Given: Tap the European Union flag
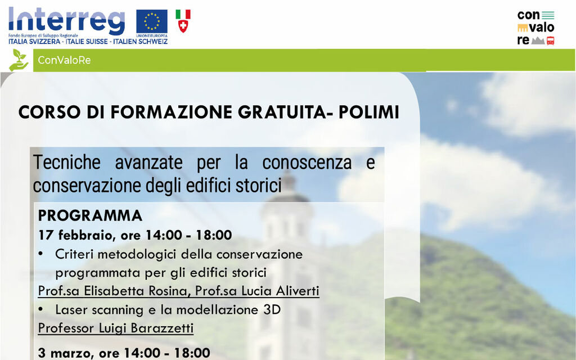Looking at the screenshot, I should [x=152, y=21].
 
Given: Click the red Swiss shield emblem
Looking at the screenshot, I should [x=183, y=26].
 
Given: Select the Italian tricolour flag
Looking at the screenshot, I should [x=183, y=14].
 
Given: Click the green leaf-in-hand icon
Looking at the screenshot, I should [x=19, y=60].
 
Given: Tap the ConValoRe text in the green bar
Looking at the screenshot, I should [x=64, y=60].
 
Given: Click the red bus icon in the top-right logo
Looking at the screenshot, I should [x=550, y=40].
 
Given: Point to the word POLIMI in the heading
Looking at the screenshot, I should [x=368, y=112].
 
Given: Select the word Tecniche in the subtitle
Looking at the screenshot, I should [x=66, y=163].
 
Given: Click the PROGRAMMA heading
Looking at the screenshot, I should [x=90, y=216].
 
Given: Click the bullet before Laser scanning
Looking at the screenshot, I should [x=41, y=310].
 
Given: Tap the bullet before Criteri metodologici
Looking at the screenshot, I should [x=41, y=254].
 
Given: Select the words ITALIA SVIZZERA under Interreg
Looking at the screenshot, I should [x=35, y=42].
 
